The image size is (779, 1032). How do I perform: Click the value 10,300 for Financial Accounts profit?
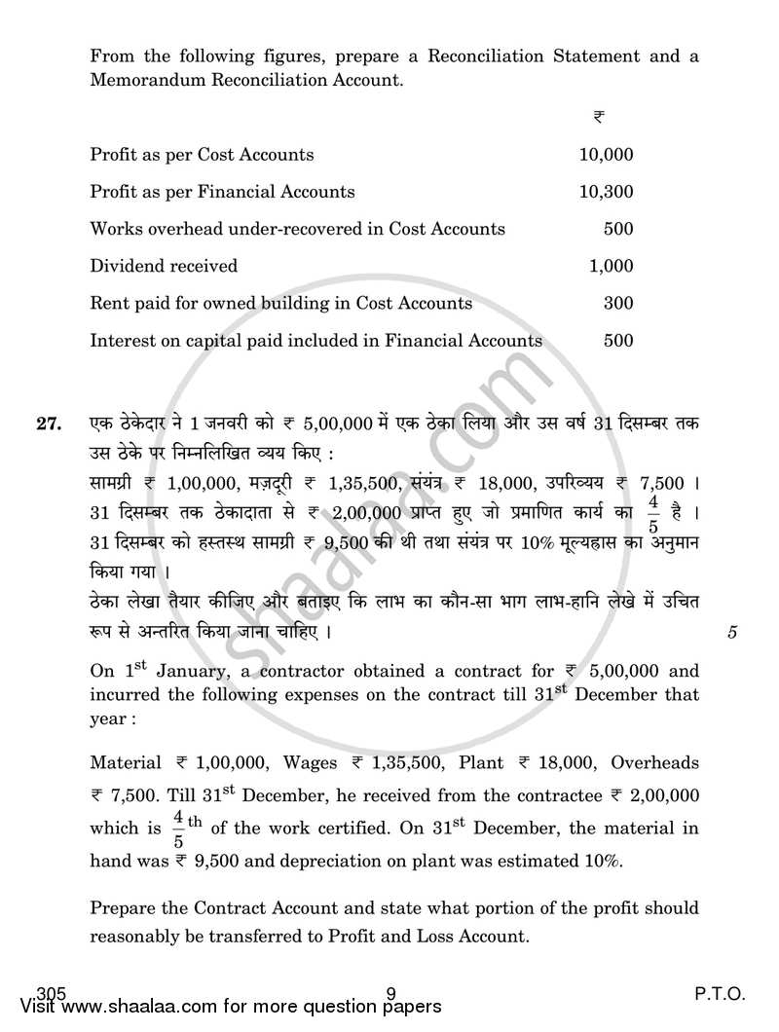[x=606, y=192]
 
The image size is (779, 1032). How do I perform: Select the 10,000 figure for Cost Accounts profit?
[x=606, y=154]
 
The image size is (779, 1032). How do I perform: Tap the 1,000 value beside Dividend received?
[x=612, y=266]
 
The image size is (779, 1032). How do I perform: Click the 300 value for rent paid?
[x=618, y=303]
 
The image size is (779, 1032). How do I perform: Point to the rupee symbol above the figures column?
[x=598, y=117]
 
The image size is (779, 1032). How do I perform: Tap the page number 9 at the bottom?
[x=389, y=994]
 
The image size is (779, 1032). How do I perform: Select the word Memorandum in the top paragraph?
[x=143, y=80]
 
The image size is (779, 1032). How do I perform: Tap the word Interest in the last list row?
[x=119, y=341]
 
